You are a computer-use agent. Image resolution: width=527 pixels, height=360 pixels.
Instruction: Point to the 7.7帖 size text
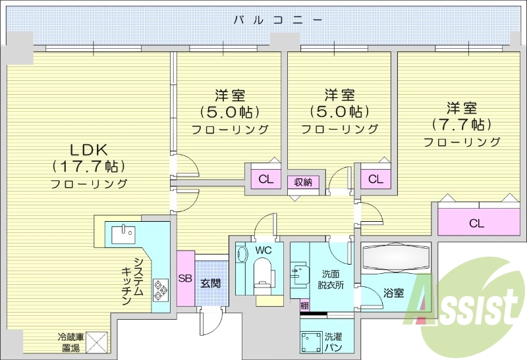point(461,124)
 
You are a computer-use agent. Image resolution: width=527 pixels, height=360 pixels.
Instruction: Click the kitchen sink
point(123,233)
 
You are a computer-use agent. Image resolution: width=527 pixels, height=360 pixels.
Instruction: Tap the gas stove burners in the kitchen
point(160,288)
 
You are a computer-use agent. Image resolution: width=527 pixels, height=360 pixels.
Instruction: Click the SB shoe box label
point(185,278)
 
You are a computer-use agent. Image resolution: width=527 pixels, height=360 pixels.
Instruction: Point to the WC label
point(263,251)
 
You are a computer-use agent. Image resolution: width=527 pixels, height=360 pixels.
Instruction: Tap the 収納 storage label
point(302,182)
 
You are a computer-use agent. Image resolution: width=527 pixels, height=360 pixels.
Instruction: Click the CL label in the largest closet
point(476,223)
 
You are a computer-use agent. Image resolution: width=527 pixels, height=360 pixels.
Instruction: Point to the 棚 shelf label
point(304,305)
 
